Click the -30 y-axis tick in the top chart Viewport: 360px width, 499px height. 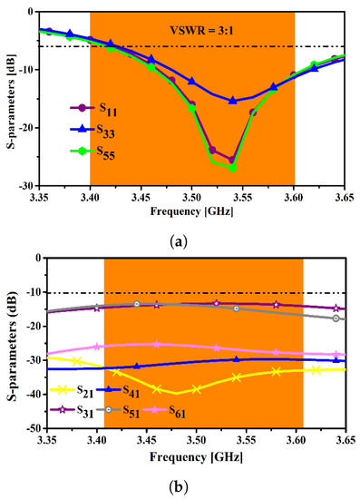click(x=23, y=185)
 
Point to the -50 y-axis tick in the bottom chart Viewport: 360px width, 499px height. click(x=23, y=427)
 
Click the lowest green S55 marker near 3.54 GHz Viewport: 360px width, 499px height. click(x=233, y=168)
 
